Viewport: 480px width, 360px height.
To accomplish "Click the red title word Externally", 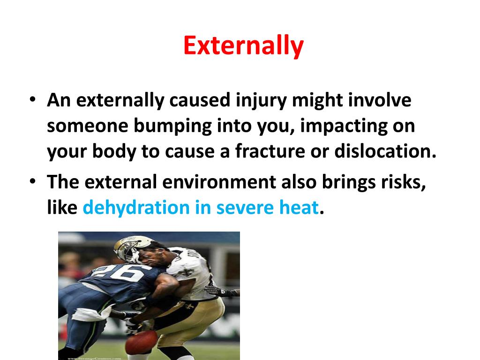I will (243, 46).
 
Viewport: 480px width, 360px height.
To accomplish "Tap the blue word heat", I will (301, 207).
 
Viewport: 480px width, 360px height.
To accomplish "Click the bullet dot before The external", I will (32, 182).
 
